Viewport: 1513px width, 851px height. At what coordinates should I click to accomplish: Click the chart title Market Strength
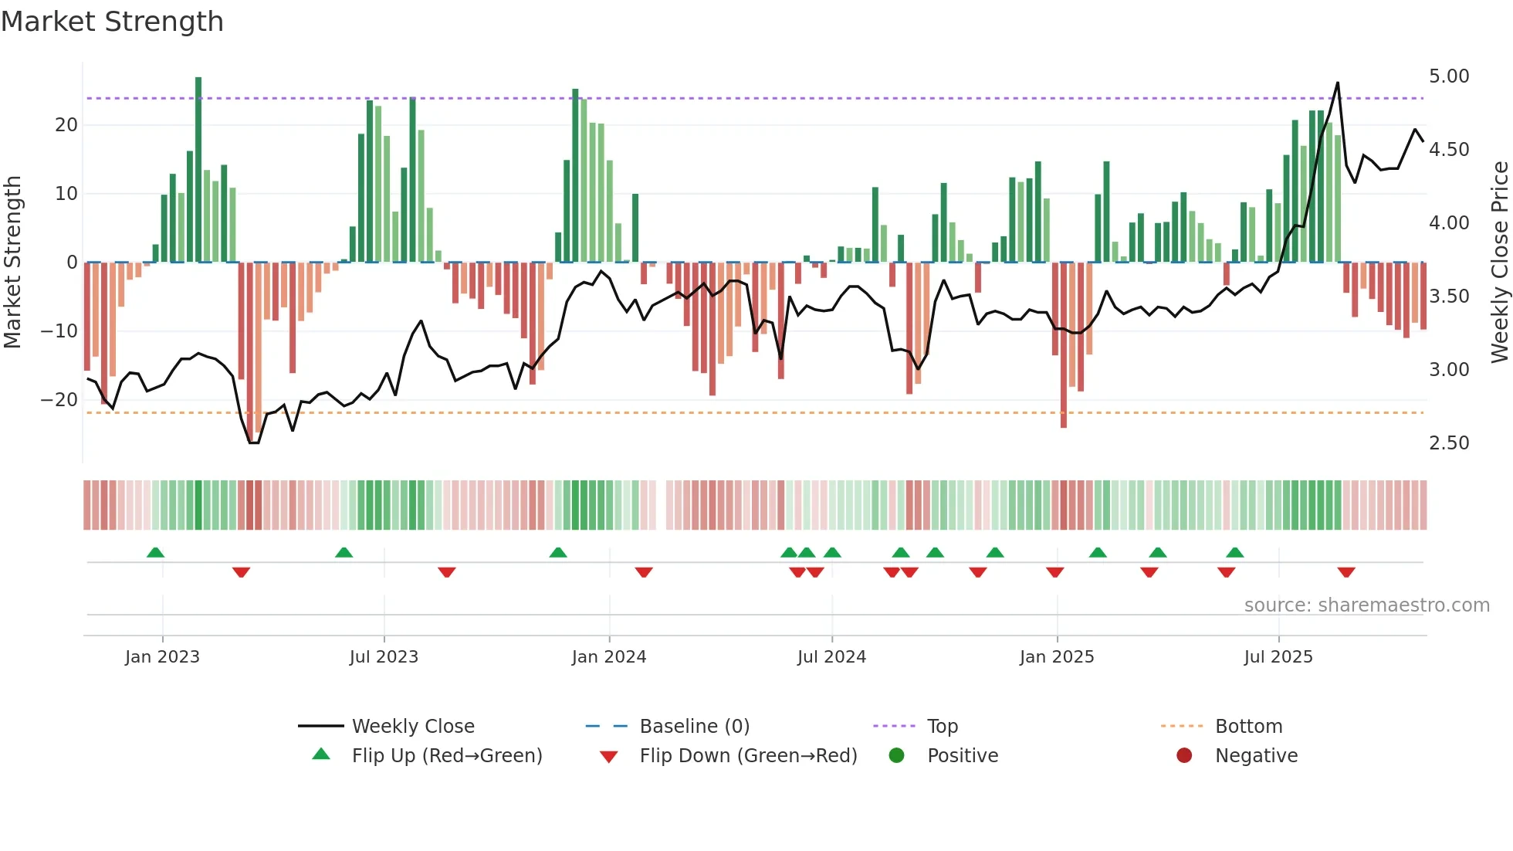pos(112,22)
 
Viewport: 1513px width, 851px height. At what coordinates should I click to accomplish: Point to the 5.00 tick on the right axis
pos(1448,76)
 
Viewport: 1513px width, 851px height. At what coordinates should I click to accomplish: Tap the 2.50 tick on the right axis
pos(1448,443)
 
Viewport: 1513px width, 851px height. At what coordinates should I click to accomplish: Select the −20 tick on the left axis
pos(59,400)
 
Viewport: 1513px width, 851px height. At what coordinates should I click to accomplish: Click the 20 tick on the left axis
pos(66,125)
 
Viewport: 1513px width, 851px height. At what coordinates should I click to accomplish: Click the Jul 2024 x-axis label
pos(831,657)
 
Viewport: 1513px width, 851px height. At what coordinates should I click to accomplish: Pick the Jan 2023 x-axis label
pos(162,657)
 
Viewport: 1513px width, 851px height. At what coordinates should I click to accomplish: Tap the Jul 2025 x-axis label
pos(1278,657)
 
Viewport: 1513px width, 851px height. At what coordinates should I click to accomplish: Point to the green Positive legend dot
pos(896,756)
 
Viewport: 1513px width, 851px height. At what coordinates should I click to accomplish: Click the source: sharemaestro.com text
pos(1366,605)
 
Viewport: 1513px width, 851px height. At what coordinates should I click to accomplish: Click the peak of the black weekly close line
pos(1338,83)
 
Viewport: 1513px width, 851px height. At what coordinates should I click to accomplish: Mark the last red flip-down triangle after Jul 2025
pos(1346,572)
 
